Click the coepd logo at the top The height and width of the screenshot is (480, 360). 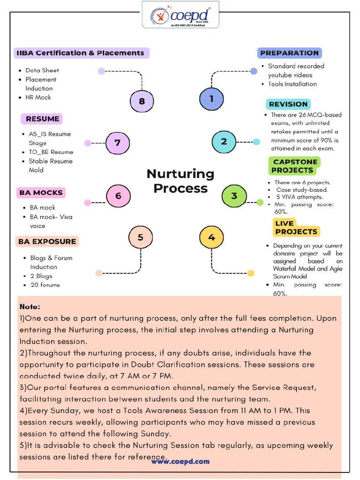point(180,15)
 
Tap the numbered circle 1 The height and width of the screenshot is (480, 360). point(211,99)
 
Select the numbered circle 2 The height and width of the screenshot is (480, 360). point(224,142)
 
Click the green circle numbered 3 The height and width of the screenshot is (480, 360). point(234,196)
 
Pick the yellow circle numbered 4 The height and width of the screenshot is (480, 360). point(211,237)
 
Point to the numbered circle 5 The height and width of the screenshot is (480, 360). point(140,237)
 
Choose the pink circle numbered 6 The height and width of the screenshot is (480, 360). point(118,196)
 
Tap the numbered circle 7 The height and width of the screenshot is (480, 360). point(118,142)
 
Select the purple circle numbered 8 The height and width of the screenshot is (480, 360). point(142,101)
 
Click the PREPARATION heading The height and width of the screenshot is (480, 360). point(289,53)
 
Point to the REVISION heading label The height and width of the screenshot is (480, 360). point(288,104)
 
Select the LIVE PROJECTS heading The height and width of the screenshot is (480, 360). point(296,227)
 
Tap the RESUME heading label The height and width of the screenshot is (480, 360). point(42,119)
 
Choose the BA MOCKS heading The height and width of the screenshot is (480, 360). point(41,193)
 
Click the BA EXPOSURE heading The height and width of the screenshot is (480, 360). point(47,241)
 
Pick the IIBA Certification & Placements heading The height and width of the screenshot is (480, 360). point(81,53)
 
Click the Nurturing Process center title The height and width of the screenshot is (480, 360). point(180,181)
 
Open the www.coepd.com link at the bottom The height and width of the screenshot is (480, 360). point(180,461)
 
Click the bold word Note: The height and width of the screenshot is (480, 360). point(30,307)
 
